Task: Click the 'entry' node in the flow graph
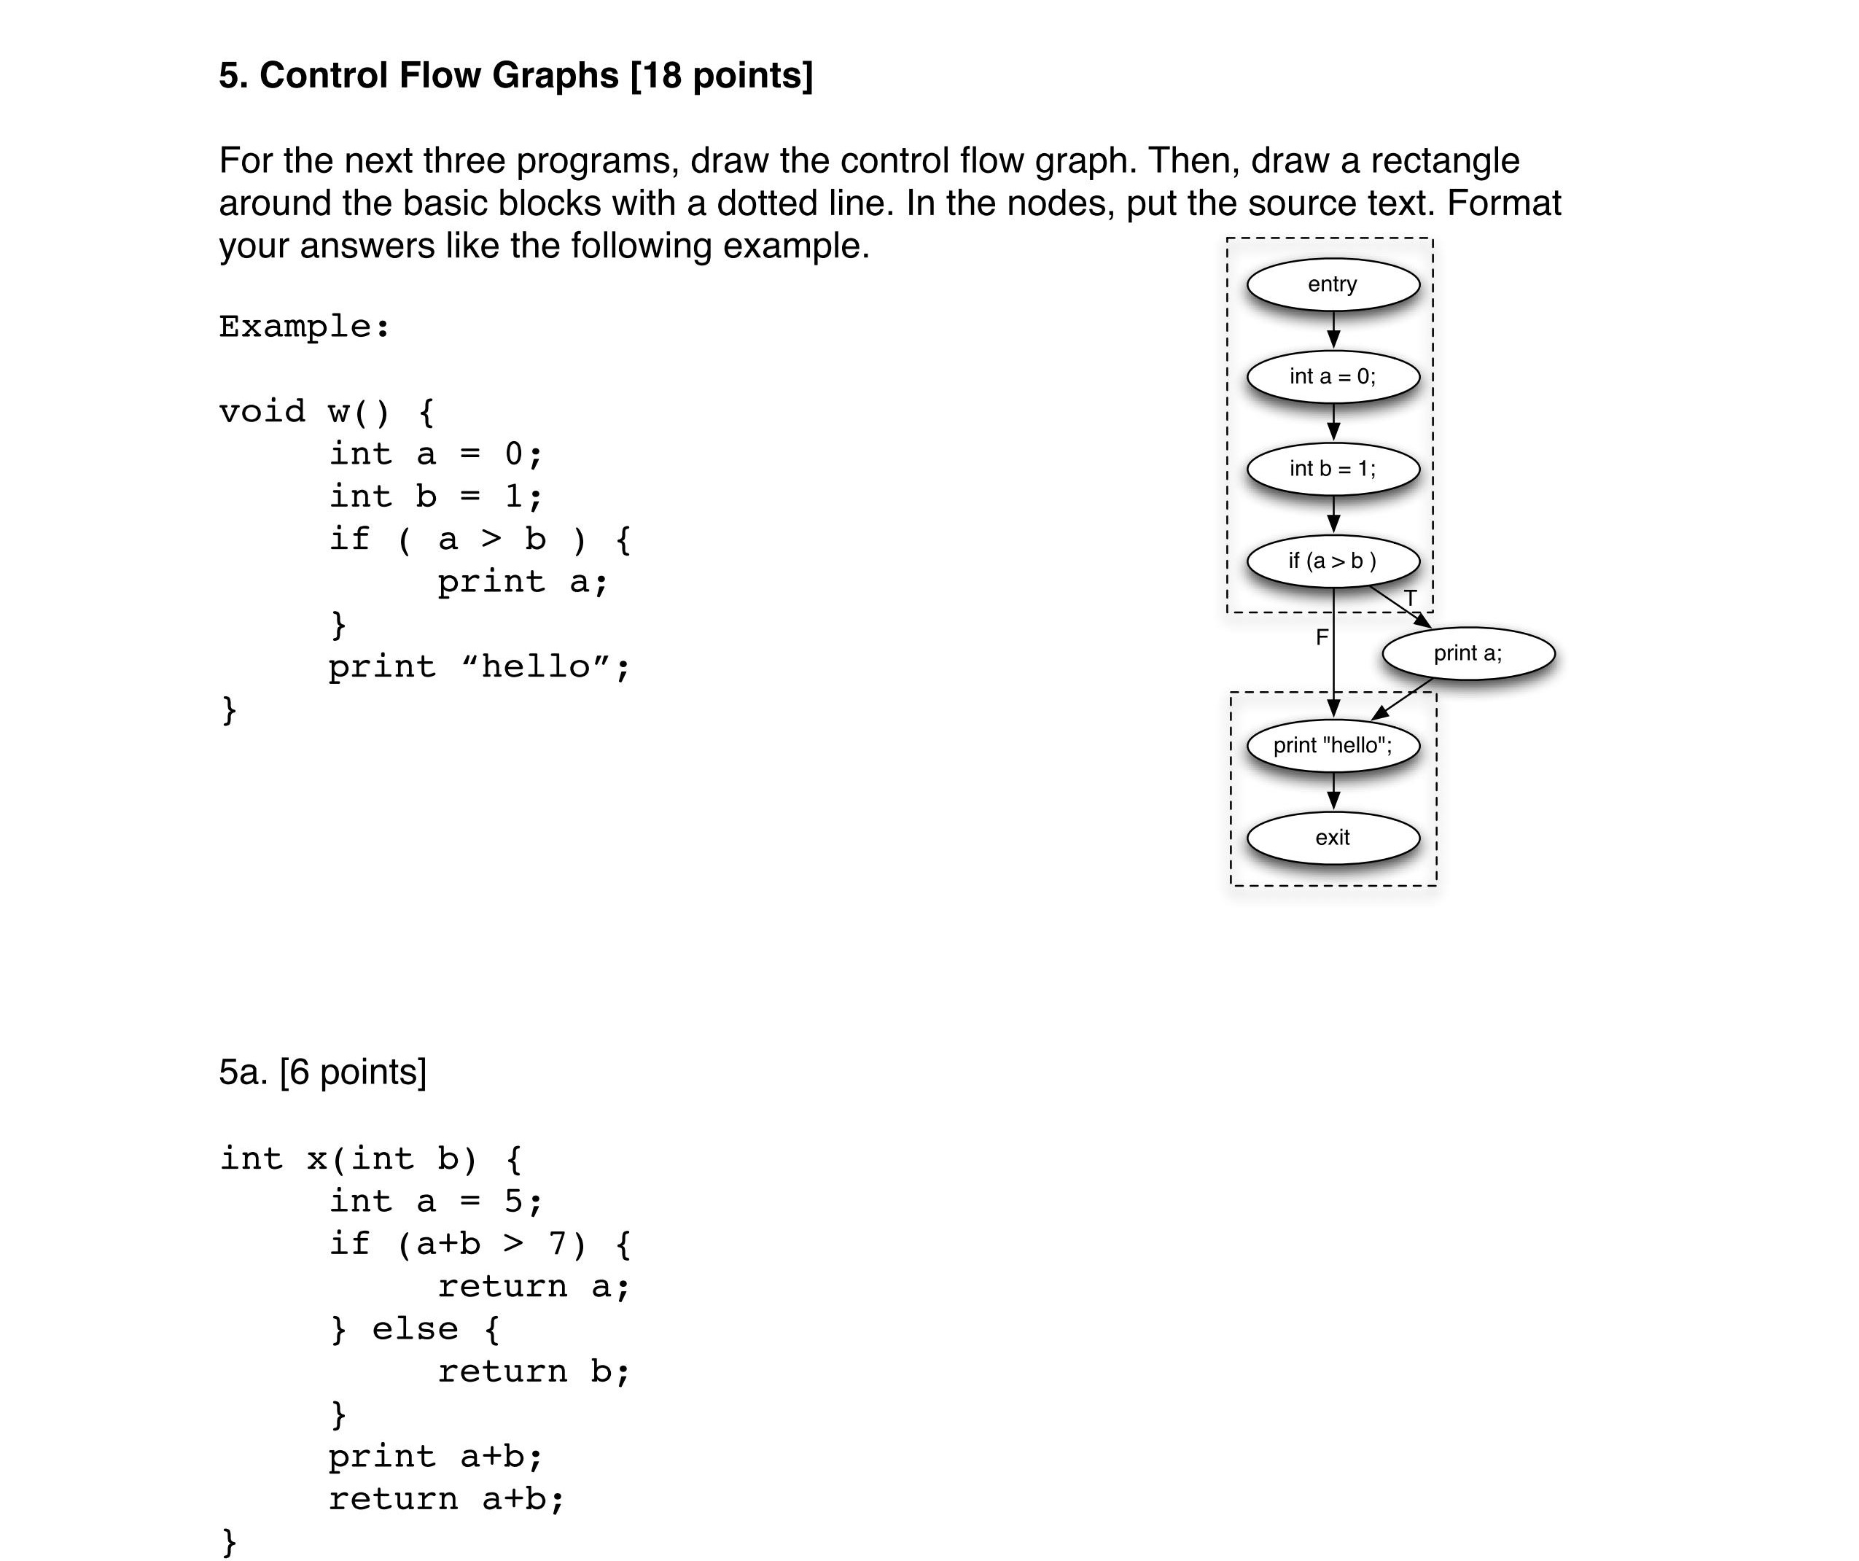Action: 1333,284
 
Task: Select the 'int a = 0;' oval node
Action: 1333,376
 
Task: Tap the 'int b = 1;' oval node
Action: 1333,468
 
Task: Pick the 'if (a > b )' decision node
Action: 1333,561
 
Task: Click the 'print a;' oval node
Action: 1468,653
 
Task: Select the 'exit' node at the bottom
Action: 1333,838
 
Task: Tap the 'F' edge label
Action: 1322,637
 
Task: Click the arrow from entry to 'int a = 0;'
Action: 1333,330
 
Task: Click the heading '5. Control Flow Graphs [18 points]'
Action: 515,75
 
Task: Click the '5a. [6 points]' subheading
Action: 322,1073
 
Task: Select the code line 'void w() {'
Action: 327,412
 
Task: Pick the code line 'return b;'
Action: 533,1371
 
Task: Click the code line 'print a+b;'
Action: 434,1457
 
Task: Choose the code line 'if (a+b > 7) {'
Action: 479,1244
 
